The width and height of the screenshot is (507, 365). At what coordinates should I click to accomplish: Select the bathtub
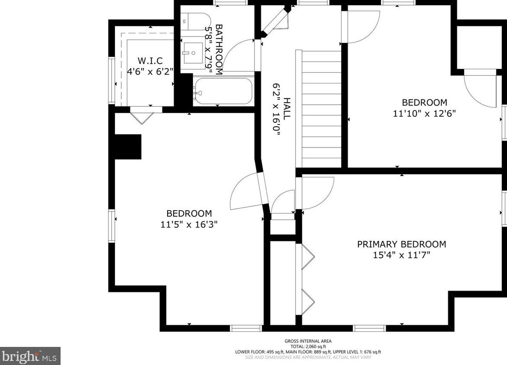pyautogui.click(x=223, y=91)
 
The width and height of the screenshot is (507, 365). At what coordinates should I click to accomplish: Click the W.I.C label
pyautogui.click(x=150, y=61)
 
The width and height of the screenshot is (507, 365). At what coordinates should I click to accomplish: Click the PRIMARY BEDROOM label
pyautogui.click(x=402, y=244)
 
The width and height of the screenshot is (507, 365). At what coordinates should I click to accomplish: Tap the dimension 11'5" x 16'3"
pyautogui.click(x=189, y=224)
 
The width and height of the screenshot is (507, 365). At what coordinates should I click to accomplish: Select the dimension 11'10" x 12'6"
pyautogui.click(x=425, y=113)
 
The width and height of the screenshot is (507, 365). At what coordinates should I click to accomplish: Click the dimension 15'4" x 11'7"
pyautogui.click(x=402, y=255)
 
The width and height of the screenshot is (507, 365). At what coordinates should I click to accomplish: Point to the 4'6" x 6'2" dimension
pyautogui.click(x=150, y=71)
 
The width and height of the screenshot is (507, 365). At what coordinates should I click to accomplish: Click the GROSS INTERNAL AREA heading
pyautogui.click(x=308, y=341)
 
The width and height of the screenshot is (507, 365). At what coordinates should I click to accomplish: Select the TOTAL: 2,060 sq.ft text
pyautogui.click(x=308, y=346)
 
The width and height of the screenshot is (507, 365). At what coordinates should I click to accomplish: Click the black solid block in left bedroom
pyautogui.click(x=128, y=147)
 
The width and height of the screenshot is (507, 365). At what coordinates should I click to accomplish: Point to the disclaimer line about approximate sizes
pyautogui.click(x=308, y=357)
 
